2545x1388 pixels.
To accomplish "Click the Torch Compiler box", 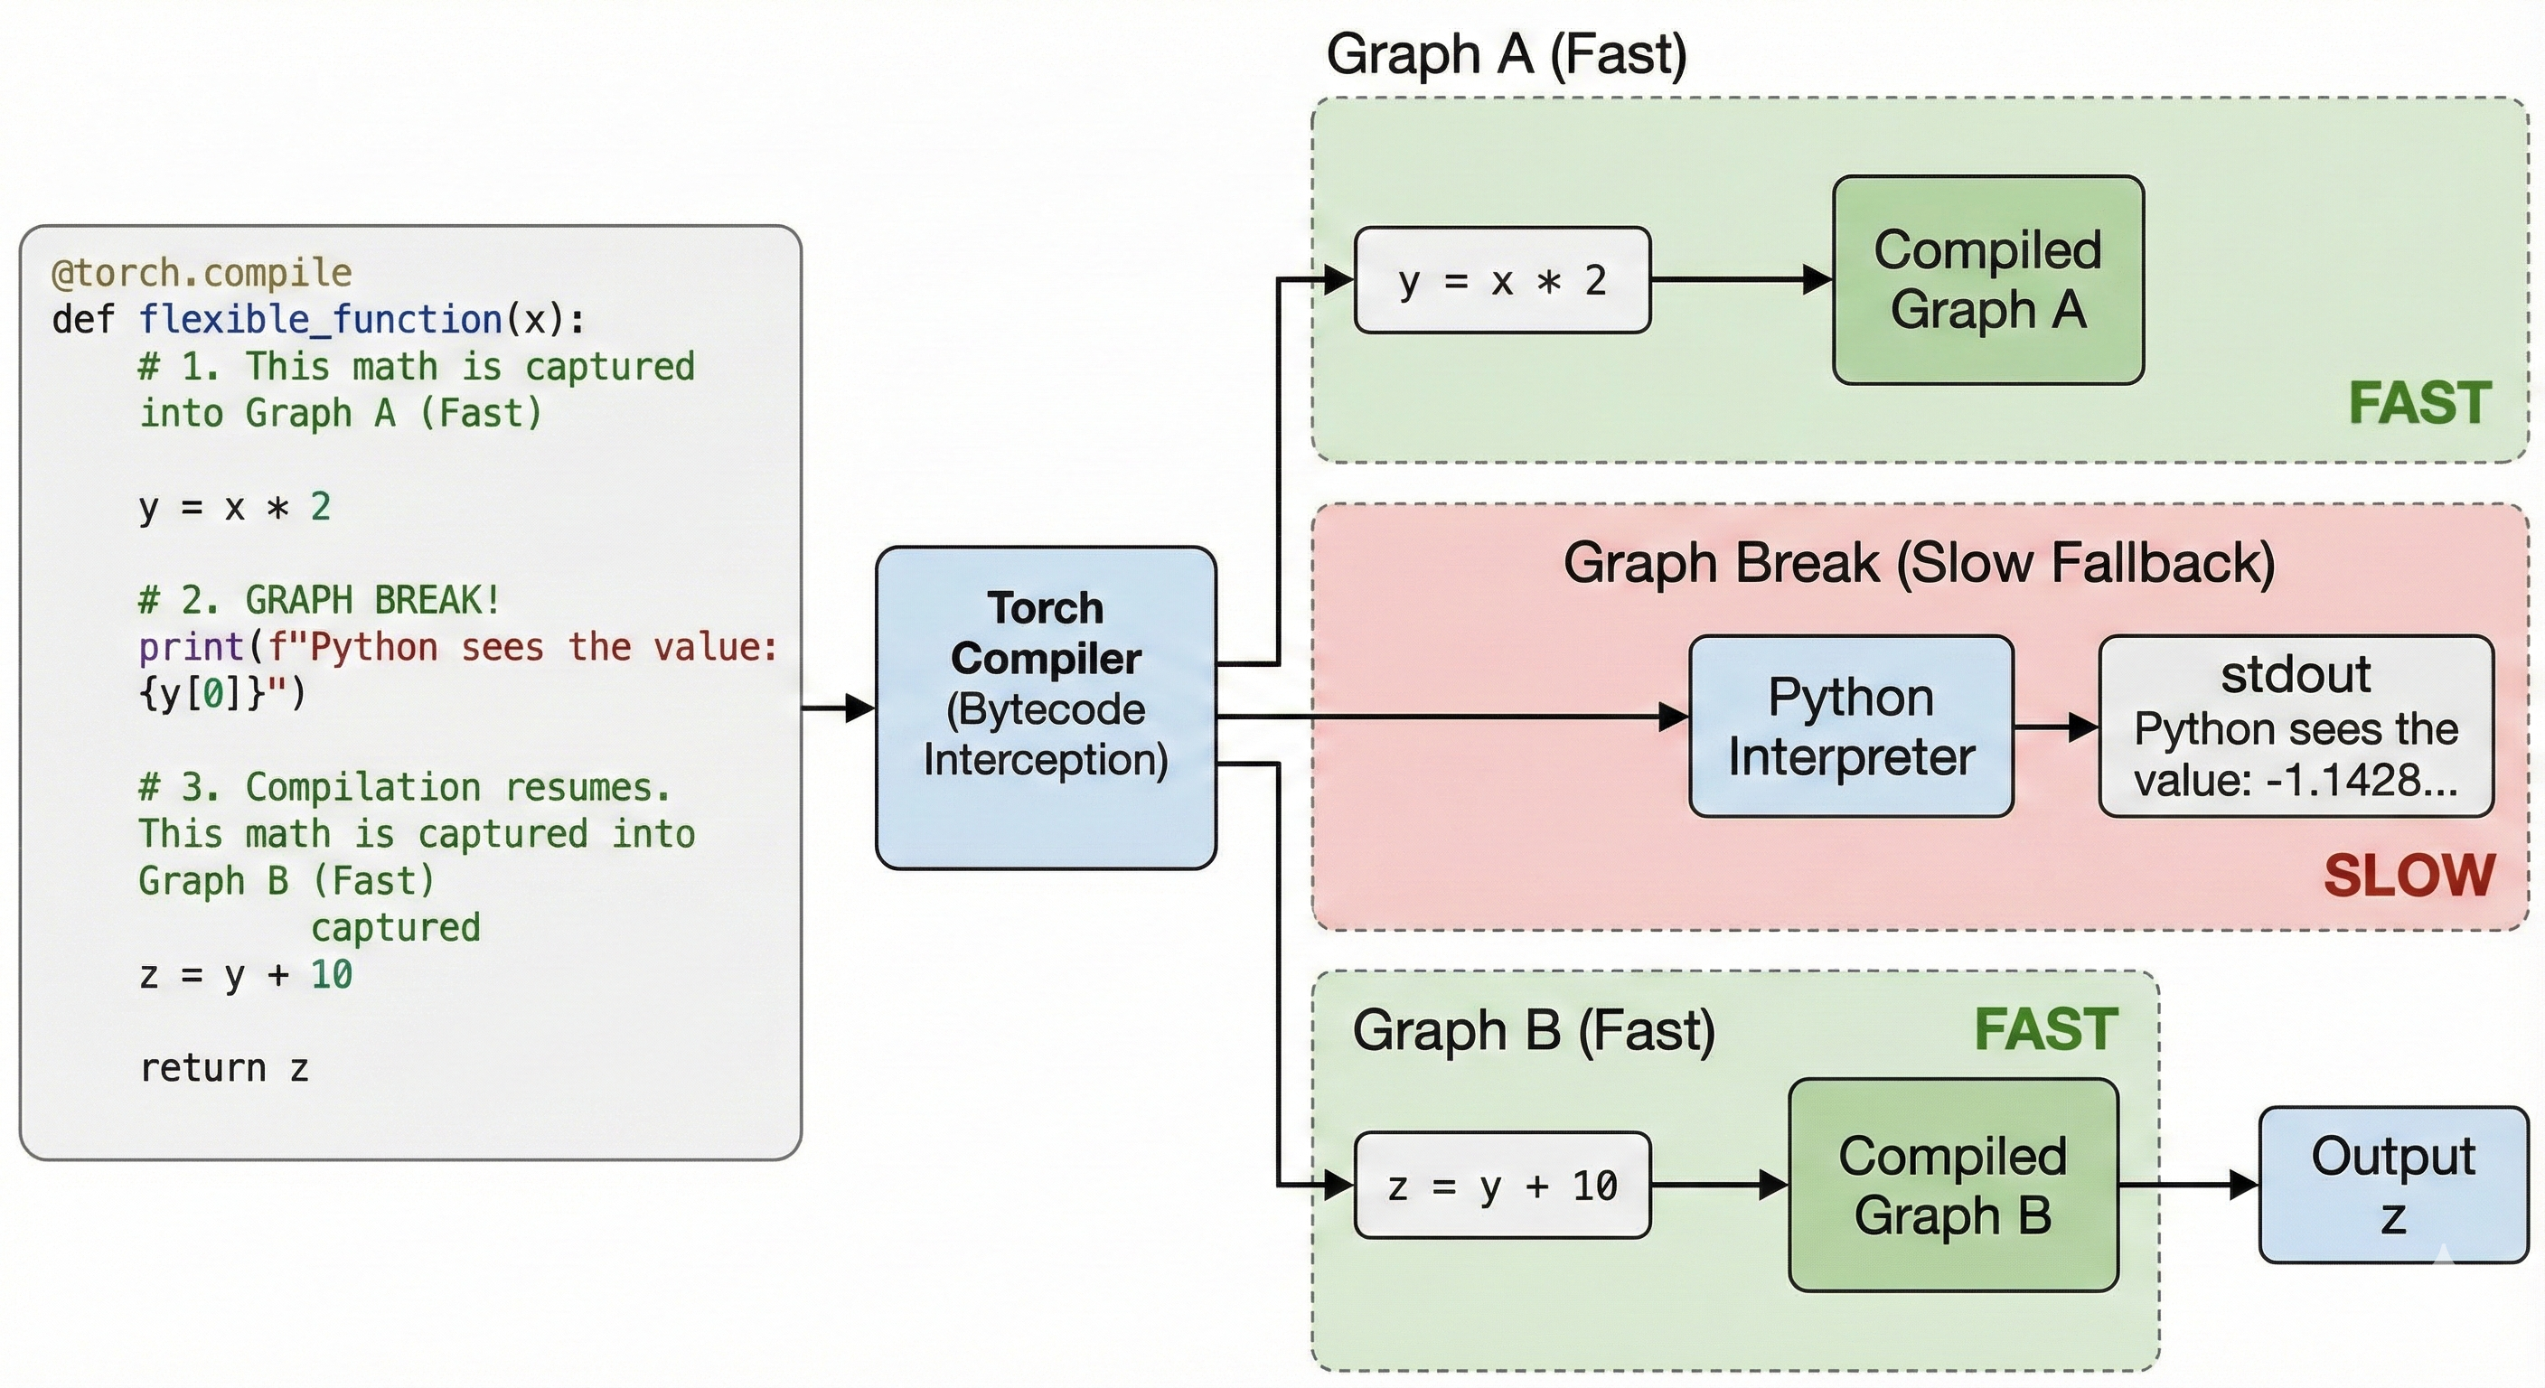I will point(1046,708).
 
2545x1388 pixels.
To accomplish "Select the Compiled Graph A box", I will point(1987,279).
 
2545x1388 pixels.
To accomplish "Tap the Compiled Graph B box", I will point(1952,1185).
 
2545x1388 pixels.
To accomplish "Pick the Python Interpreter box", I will point(1851,727).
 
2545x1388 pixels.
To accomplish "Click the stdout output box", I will point(2295,727).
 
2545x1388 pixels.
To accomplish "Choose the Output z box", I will point(2393,1185).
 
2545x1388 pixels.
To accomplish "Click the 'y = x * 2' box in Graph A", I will point(1502,280).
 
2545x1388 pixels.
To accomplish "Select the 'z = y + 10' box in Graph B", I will point(1502,1186).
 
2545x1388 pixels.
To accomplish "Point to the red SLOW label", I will point(2409,876).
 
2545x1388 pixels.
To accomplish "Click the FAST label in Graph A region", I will point(2419,403).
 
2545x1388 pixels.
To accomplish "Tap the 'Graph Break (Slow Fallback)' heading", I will point(1919,563).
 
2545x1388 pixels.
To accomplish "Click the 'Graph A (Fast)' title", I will point(1506,54).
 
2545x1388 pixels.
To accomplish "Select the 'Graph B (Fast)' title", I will point(1534,1030).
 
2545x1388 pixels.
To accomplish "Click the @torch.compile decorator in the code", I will point(202,273).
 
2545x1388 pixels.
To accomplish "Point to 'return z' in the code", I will point(224,1068).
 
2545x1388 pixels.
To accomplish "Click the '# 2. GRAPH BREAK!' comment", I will point(319,600).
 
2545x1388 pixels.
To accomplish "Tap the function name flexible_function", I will point(320,319).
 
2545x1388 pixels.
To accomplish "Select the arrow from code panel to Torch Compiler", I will point(838,708).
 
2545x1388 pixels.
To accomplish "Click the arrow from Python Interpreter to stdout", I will point(2056,728).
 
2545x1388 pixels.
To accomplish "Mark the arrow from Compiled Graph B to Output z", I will point(2188,1185).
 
